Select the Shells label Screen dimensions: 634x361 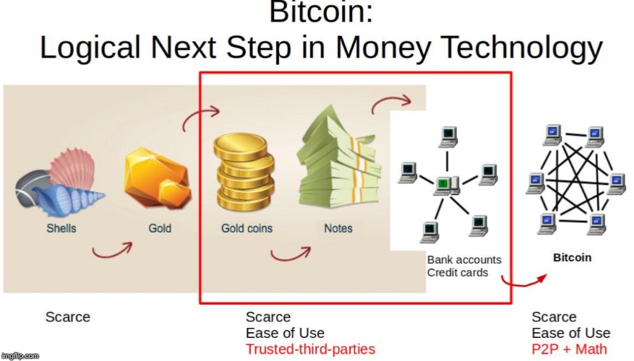coord(61,229)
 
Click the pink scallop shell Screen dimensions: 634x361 coord(74,166)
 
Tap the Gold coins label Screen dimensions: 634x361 coord(247,229)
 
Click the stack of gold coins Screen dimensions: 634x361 coord(244,171)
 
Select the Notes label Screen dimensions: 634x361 coord(338,229)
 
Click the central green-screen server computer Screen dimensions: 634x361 coord(446,186)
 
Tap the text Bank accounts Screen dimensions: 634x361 coord(464,260)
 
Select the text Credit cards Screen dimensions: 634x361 coord(458,273)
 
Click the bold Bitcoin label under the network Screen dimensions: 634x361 coord(572,258)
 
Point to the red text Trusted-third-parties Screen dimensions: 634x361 coord(311,349)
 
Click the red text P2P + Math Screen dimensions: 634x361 coord(570,349)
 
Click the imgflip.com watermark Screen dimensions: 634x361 coord(20,356)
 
